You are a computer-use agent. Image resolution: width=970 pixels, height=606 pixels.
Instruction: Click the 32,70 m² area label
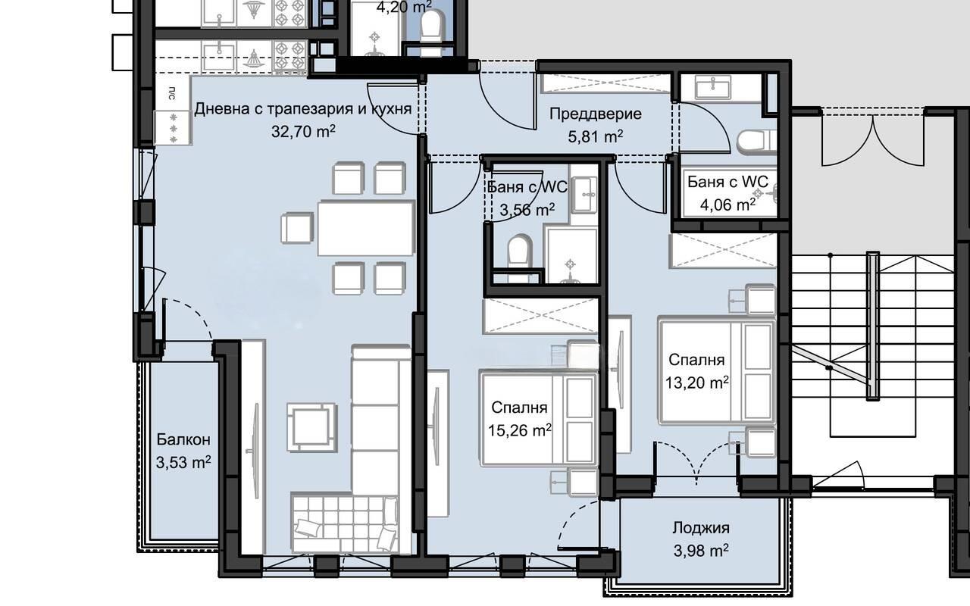tap(303, 131)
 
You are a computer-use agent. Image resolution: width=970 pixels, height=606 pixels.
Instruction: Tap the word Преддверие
tap(596, 114)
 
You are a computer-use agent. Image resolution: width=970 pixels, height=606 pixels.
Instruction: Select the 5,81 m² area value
tap(596, 137)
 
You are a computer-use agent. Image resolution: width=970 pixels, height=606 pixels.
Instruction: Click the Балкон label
tap(183, 439)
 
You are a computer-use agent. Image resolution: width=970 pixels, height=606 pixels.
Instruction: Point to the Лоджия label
tap(701, 528)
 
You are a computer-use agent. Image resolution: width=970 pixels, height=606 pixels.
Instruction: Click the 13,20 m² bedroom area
tap(696, 383)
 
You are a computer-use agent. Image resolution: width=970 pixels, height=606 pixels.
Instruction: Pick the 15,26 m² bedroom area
tap(520, 430)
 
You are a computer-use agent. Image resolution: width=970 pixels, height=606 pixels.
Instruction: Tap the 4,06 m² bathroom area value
tap(727, 205)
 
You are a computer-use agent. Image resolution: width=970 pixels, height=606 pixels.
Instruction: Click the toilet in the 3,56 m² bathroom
tap(519, 252)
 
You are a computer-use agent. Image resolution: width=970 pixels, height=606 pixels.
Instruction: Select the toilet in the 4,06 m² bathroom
tap(756, 141)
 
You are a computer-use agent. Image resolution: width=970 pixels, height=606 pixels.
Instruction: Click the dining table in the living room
tap(366, 228)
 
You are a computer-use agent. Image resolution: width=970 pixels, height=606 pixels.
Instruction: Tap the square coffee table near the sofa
tap(311, 427)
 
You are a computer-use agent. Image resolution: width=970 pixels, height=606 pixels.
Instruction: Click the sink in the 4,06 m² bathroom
tap(713, 87)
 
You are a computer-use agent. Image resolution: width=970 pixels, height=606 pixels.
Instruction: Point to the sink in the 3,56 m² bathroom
tap(584, 195)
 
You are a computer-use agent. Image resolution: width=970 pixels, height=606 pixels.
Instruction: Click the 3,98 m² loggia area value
tap(701, 551)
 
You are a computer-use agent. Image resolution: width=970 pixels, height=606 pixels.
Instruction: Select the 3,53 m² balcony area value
tap(183, 462)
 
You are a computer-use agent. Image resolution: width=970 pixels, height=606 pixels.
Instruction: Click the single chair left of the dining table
tap(297, 228)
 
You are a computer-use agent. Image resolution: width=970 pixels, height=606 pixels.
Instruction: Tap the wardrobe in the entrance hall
tap(606, 83)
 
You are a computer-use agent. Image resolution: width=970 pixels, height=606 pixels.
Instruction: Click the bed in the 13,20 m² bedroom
tap(717, 371)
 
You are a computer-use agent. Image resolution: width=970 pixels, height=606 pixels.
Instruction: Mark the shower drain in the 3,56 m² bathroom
tap(571, 264)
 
